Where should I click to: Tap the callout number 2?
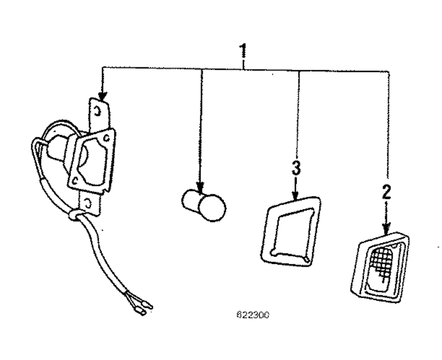click(x=386, y=193)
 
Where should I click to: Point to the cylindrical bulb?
click(x=204, y=205)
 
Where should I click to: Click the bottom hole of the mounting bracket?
click(x=89, y=203)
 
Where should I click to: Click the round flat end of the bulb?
click(x=212, y=208)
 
